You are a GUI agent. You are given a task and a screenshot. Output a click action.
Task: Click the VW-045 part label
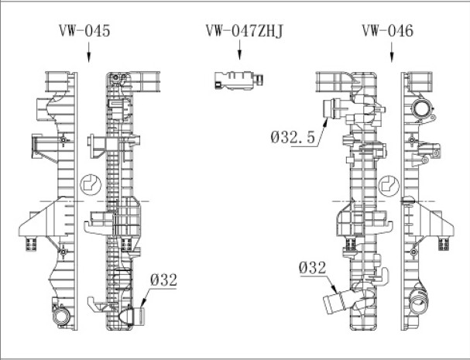(x=84, y=30)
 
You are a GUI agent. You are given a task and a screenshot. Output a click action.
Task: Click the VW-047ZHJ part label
(x=245, y=30)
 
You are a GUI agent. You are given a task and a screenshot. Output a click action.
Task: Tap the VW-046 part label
(x=388, y=30)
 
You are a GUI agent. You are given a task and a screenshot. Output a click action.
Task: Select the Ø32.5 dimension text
(x=293, y=137)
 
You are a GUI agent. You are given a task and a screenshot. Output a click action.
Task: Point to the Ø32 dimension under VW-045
(x=163, y=280)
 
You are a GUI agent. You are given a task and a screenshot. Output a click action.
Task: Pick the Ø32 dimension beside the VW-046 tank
(x=312, y=268)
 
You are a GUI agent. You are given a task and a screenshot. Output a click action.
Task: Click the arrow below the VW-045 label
(x=88, y=52)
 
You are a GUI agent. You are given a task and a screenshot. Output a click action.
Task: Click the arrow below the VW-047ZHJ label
(x=239, y=50)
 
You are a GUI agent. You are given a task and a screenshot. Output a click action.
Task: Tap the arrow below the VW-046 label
(x=392, y=52)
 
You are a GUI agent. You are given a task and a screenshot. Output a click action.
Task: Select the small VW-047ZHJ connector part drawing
(x=239, y=81)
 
